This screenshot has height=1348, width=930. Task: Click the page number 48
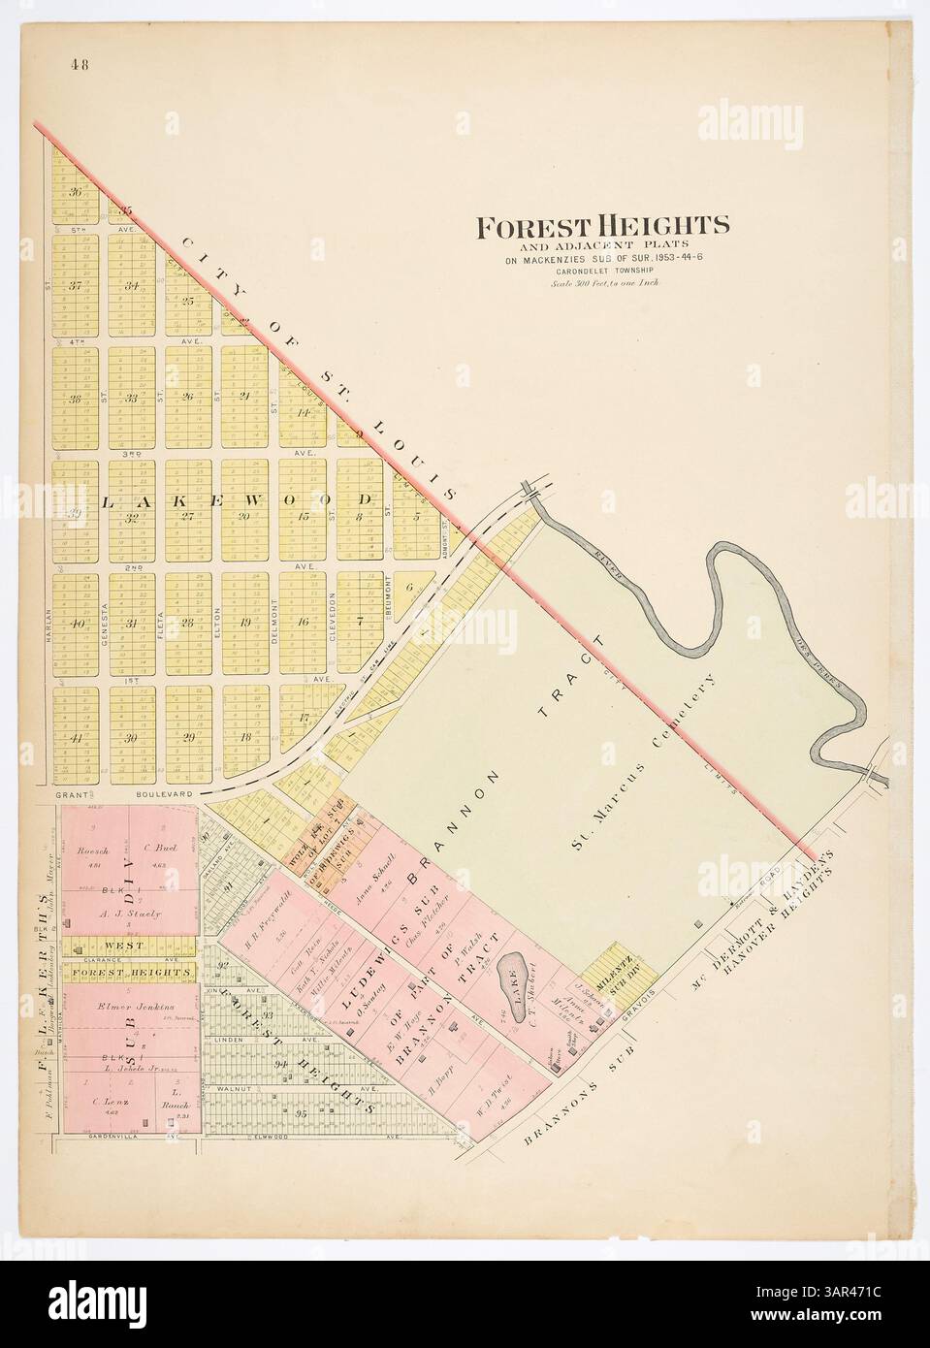pos(80,66)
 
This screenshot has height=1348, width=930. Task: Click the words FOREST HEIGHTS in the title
pos(601,226)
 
